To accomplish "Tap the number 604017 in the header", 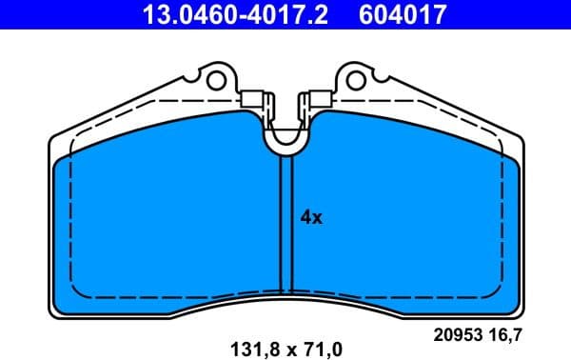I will (401, 14).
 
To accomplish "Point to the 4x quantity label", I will (312, 217).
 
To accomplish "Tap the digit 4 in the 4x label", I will (306, 217).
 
